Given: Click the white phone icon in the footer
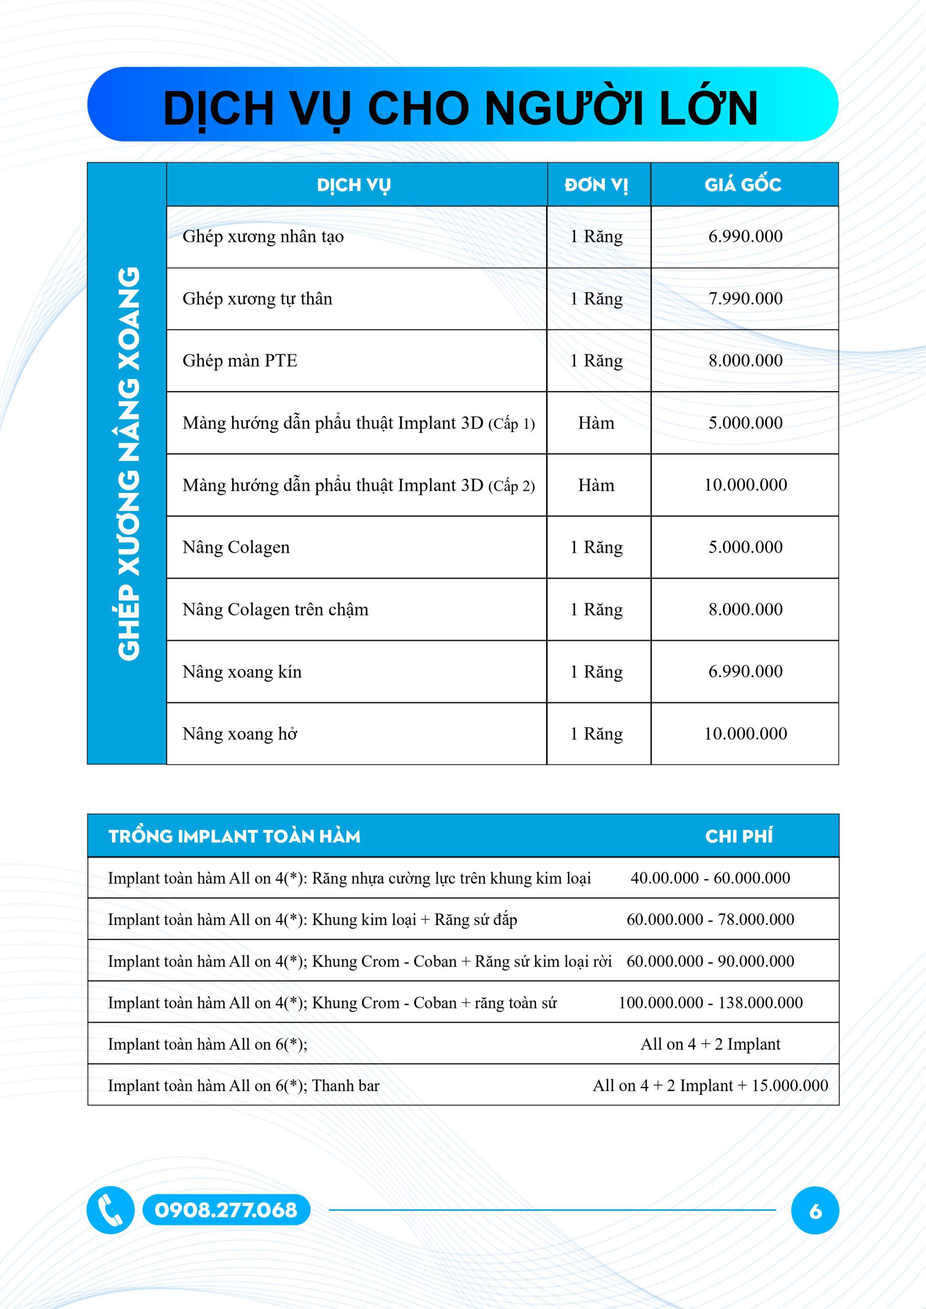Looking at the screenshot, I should coord(110,1210).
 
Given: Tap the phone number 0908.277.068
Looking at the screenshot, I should coord(226,1210).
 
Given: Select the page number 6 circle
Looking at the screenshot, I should coord(815,1210).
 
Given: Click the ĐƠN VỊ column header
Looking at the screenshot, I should coord(596,185).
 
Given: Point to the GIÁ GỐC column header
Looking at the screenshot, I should coord(743,185).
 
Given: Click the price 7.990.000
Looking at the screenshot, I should coord(745,298).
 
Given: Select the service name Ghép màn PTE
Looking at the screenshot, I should coord(240,360).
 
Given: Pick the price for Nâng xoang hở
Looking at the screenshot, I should coord(745,734).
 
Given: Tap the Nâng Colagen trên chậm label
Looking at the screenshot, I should coord(276,610).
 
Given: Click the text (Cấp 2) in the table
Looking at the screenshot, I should coord(511,486).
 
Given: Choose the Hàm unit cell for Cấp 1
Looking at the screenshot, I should coord(596,423).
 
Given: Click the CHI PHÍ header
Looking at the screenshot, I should coord(739,837).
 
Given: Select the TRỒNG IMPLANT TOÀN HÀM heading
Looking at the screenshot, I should coord(234,837).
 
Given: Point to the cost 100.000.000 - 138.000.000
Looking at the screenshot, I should coord(710,1003).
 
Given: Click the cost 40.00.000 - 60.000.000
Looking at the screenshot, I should coord(710,878).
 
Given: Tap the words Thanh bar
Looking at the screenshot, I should coord(346,1086).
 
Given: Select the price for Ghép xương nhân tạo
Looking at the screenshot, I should coord(745,236).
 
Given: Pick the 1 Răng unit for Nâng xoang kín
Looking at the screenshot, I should coord(596,671).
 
